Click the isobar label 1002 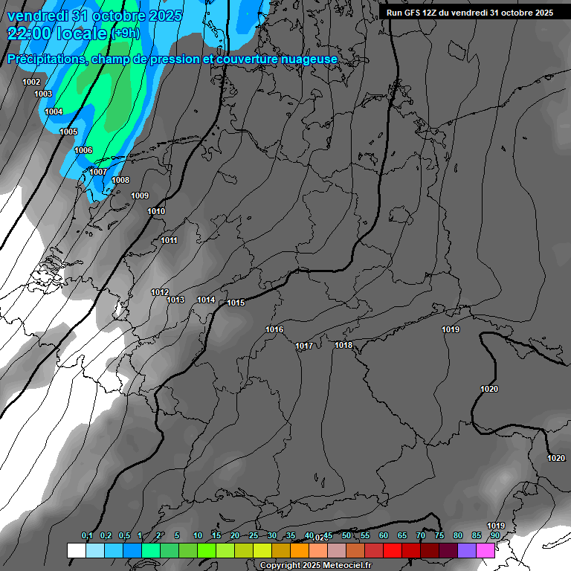(x=31, y=82)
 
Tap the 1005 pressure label (x=68, y=132)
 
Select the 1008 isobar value (x=120, y=180)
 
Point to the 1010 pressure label (x=156, y=211)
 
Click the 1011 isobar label (x=170, y=240)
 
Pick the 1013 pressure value (x=175, y=300)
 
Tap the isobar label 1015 (x=236, y=303)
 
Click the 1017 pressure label (x=304, y=346)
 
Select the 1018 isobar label (x=343, y=345)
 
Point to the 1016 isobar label (x=274, y=329)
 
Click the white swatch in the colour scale (x=76, y=550)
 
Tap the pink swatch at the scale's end (x=485, y=550)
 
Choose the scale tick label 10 (x=198, y=535)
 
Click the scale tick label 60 (x=384, y=535)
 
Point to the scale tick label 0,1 (x=87, y=535)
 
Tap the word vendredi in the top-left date (x=35, y=15)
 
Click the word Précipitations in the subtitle (x=44, y=59)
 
